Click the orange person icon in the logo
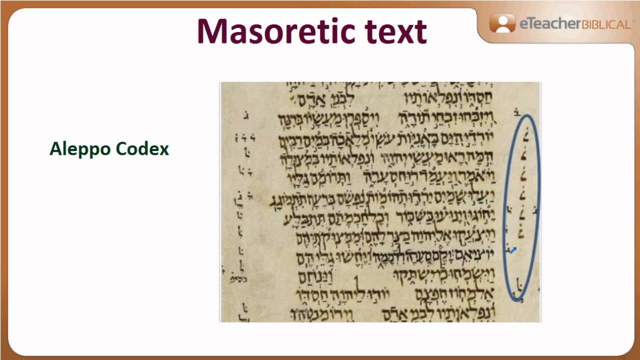[502, 23]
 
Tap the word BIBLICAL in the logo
[606, 24]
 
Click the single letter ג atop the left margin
[245, 116]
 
